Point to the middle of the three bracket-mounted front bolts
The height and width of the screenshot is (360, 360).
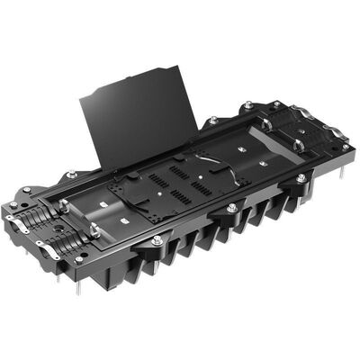(x=231, y=209)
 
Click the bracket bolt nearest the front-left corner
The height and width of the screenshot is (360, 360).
(x=157, y=240)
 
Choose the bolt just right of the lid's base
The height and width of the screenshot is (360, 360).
(x=212, y=121)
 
